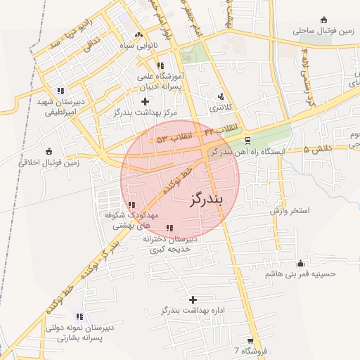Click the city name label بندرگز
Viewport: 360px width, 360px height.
click(x=206, y=199)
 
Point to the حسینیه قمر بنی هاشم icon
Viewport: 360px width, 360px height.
click(x=301, y=264)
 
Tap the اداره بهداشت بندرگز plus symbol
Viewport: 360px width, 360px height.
click(x=193, y=300)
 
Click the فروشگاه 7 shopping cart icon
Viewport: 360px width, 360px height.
click(x=250, y=340)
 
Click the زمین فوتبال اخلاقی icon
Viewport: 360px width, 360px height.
click(x=49, y=151)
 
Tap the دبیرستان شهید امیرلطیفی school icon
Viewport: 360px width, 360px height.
click(x=60, y=91)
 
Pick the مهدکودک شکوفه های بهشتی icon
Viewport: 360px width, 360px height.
click(x=132, y=205)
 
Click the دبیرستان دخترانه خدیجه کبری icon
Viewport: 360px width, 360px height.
click(x=169, y=228)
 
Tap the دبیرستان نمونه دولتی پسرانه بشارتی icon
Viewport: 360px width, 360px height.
click(x=79, y=317)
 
